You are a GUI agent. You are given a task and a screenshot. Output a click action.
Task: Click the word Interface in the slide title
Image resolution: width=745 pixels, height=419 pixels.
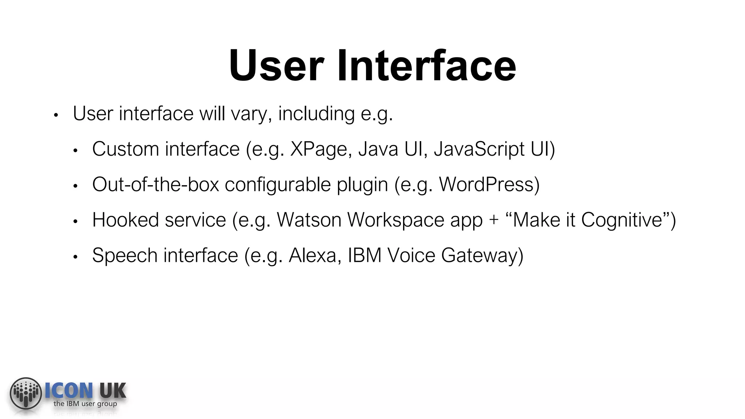click(426, 66)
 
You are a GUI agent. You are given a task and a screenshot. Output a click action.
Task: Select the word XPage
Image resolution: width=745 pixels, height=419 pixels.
click(319, 149)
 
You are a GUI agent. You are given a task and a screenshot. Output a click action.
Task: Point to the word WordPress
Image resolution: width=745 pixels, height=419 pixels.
click(486, 184)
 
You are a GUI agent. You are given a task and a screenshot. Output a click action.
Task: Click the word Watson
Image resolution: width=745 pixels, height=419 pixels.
click(309, 220)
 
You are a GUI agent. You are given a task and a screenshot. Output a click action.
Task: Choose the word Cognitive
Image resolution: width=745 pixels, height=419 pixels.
click(621, 220)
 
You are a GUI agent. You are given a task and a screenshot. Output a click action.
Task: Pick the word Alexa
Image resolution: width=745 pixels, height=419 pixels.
click(312, 255)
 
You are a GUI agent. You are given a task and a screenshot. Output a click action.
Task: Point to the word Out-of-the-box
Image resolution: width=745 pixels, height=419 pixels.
click(156, 184)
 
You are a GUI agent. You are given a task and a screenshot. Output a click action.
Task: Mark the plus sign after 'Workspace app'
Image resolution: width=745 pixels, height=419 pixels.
click(494, 220)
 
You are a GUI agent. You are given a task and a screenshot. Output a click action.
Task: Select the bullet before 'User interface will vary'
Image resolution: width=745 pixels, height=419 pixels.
click(56, 116)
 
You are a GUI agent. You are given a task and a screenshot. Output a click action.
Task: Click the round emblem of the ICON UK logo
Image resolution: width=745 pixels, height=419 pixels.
click(26, 393)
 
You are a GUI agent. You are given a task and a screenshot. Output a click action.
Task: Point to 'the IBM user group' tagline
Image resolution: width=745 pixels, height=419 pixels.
click(85, 404)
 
